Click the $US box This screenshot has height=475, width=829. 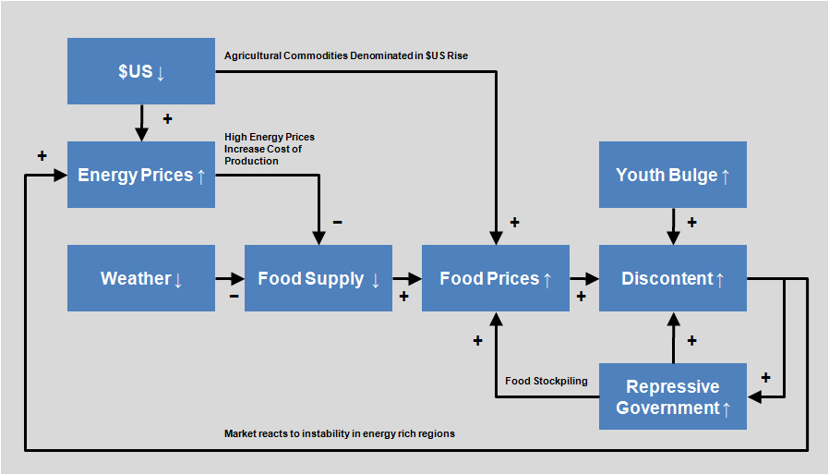point(141,71)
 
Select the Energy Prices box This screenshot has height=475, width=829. point(141,175)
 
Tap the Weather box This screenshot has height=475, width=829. point(141,278)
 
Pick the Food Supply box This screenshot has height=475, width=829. point(318,278)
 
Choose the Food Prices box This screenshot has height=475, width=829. point(496,278)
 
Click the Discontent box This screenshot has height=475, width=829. point(673,278)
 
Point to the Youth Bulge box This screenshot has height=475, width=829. point(673,175)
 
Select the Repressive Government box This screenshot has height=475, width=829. point(673,396)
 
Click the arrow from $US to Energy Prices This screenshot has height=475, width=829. point(141,122)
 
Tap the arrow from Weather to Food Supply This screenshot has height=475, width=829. point(230,278)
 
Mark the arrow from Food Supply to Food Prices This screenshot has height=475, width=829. point(407,278)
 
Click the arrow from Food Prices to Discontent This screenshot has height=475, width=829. point(584,278)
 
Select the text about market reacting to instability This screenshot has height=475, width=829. point(340,433)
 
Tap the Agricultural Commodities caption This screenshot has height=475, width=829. point(346,56)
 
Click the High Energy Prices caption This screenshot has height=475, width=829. point(270,149)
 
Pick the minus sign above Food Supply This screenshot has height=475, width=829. point(337,222)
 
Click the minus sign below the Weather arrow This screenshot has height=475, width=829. point(234,297)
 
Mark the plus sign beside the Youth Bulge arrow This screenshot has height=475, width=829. point(691,222)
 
